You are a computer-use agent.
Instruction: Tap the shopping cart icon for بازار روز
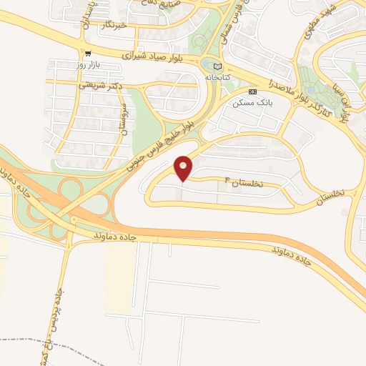(x=88, y=54)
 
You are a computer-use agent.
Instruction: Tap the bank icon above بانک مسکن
(x=252, y=92)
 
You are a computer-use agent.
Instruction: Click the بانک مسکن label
(x=252, y=103)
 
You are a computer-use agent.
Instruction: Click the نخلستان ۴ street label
(x=244, y=182)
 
